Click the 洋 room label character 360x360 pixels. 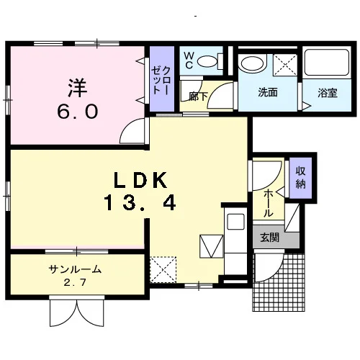(x=78, y=88)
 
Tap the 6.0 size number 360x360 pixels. (x=78, y=112)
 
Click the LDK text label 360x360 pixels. (x=140, y=180)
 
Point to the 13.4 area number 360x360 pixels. (x=140, y=203)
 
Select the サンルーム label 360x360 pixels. (x=75, y=269)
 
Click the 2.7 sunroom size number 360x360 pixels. (x=75, y=282)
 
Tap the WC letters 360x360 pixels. (x=189, y=60)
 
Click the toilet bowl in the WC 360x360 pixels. (x=207, y=61)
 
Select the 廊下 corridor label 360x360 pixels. (x=198, y=96)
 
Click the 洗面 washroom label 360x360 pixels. (x=268, y=92)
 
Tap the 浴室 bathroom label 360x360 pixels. (x=328, y=93)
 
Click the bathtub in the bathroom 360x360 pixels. (x=327, y=62)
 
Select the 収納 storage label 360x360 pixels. (x=300, y=178)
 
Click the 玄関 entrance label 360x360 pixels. (x=270, y=238)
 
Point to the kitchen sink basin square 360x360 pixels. (x=235, y=221)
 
